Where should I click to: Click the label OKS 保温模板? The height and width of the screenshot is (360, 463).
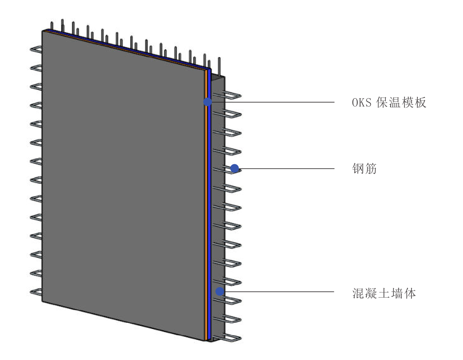pos(389,103)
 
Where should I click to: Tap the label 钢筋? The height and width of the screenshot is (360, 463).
pos(364,169)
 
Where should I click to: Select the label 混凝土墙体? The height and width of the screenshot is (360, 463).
pos(384,293)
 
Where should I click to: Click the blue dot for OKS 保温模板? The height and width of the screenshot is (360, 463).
pos(208,102)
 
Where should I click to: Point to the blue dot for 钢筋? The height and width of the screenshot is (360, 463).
pos(235,168)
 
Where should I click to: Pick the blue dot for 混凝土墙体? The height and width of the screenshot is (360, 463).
pos(220,291)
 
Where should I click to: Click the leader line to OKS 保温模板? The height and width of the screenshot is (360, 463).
pos(273,102)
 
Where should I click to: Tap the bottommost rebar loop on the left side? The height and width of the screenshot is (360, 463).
pos(36,292)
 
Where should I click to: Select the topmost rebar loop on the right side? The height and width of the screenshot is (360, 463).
pos(233,95)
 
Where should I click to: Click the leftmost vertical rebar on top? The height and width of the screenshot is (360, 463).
pos(52,26)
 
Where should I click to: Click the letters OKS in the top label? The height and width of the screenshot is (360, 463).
pos(362,103)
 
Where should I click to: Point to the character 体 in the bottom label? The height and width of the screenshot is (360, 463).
pos(410,293)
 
